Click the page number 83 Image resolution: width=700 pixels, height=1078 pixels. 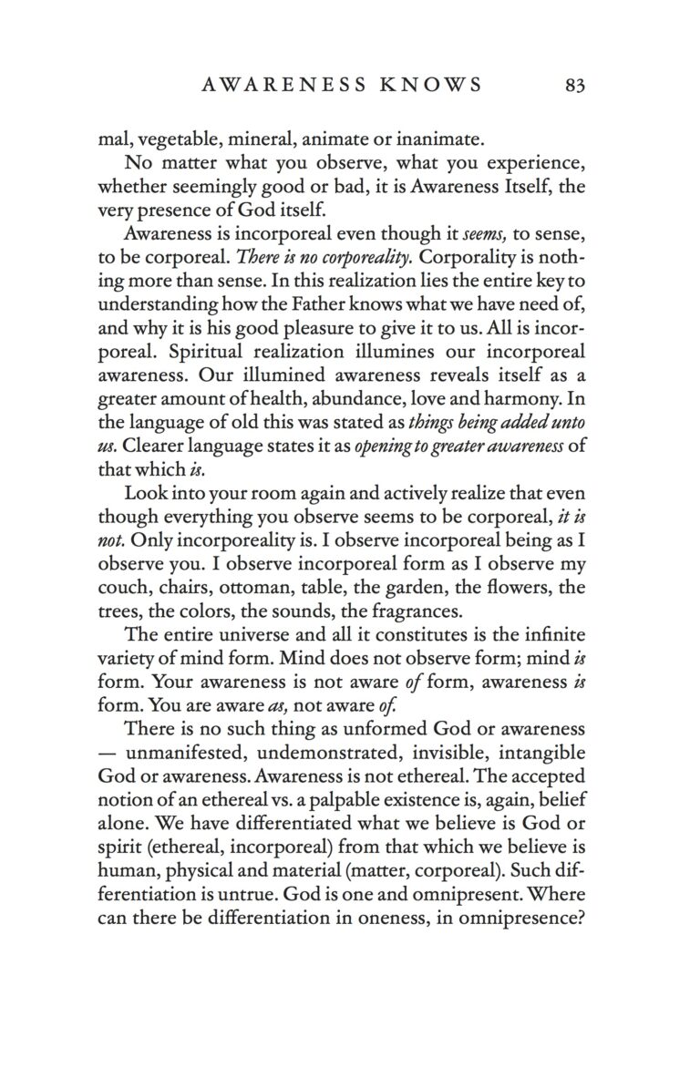[574, 86]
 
